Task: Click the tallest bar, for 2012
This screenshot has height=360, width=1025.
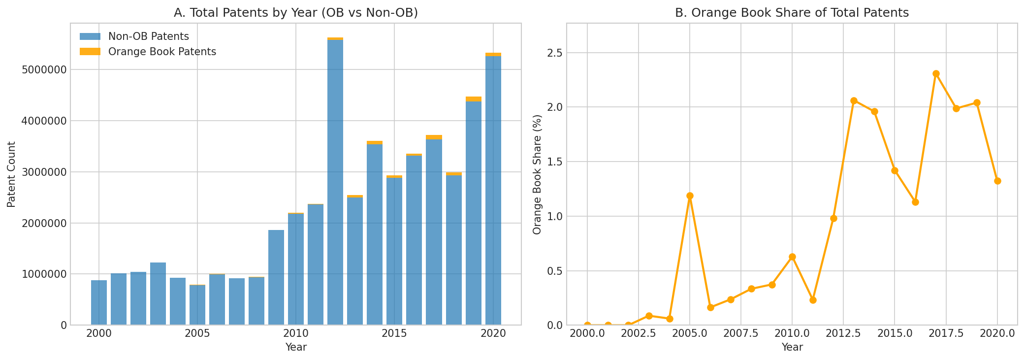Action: (x=335, y=182)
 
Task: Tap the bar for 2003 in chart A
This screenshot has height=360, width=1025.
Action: (x=158, y=294)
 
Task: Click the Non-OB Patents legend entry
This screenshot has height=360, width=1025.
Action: (x=148, y=36)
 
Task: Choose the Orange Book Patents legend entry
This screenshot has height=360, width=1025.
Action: (x=162, y=52)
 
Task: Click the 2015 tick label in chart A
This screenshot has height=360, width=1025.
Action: (x=394, y=333)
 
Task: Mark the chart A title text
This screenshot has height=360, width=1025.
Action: (x=296, y=13)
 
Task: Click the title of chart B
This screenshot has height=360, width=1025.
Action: (x=792, y=13)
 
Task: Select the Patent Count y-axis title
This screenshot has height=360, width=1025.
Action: (x=12, y=174)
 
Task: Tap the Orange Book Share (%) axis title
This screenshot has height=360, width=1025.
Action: (x=537, y=174)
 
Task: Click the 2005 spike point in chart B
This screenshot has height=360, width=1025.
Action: (x=690, y=196)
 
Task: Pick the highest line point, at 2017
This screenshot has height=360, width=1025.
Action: (x=936, y=73)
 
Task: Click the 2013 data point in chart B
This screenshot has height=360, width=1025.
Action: (x=854, y=100)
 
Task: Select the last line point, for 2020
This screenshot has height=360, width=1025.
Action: (x=997, y=181)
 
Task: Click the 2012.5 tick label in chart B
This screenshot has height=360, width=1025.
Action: (x=843, y=333)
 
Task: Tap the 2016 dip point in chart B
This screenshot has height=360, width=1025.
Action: (x=915, y=202)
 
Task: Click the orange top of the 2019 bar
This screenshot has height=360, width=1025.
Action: (x=473, y=99)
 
